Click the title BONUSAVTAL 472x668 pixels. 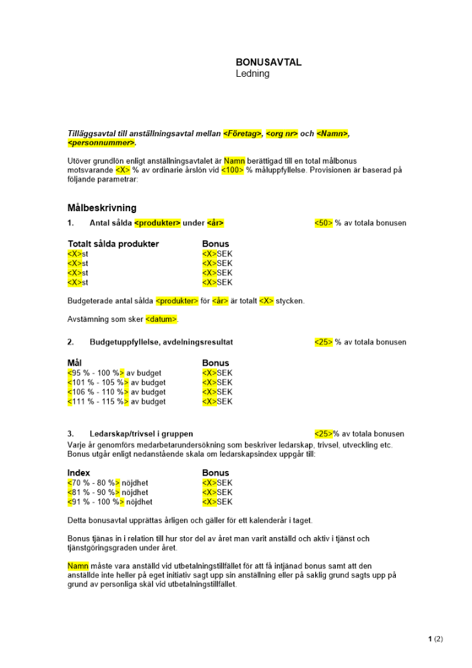[268, 62]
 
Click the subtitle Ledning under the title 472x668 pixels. [252, 73]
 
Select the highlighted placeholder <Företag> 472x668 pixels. [242, 134]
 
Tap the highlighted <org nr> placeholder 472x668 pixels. [282, 134]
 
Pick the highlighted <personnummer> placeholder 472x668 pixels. [101, 143]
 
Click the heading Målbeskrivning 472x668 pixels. [102, 208]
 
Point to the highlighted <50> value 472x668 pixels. [323, 223]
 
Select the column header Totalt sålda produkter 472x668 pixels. [113, 244]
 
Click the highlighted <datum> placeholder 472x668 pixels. [162, 319]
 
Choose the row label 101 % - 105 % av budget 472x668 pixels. [116, 383]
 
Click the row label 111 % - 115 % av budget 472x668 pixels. [116, 401]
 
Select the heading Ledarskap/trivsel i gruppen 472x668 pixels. [141, 434]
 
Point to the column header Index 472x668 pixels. [79, 473]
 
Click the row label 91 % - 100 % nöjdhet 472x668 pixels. [109, 502]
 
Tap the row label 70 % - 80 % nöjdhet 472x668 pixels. [107, 482]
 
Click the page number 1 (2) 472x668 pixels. [435, 639]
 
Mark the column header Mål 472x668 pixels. [75, 363]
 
